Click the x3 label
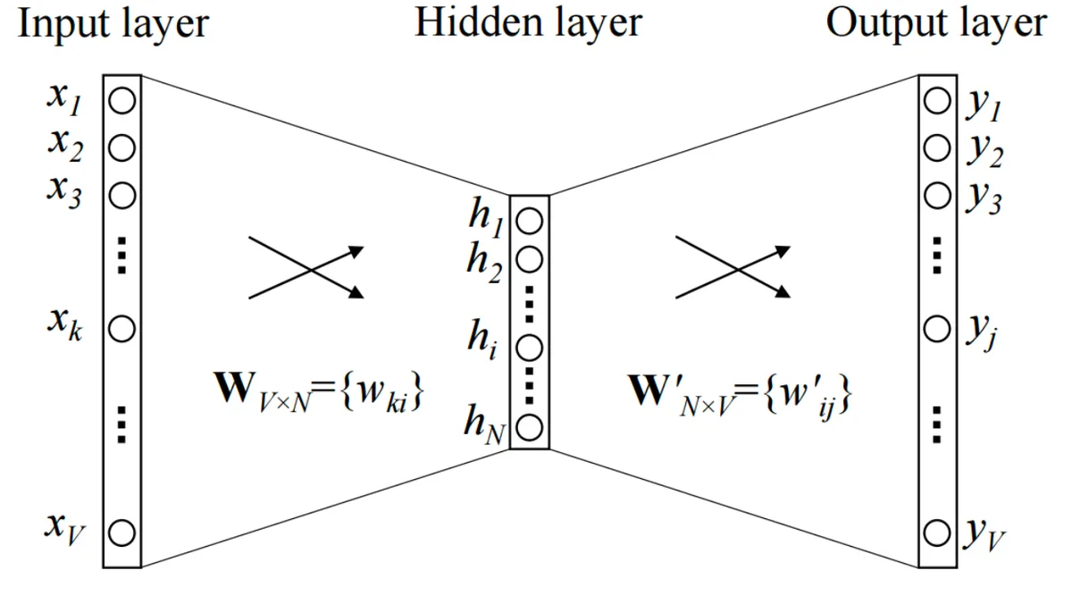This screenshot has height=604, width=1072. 64,193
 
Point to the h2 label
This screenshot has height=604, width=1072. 484,263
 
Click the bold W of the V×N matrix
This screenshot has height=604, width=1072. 233,387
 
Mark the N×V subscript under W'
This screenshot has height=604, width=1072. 707,406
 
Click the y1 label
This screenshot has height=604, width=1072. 984,105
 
